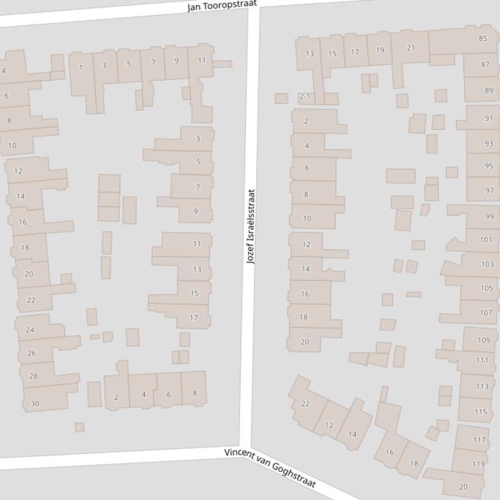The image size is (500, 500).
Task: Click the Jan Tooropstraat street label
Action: pos(222,6)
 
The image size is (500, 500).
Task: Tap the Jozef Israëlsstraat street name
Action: pos(250,226)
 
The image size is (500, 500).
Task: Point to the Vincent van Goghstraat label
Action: pos(270,468)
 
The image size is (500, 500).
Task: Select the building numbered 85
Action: pos(482,38)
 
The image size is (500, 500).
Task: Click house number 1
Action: pos(81,68)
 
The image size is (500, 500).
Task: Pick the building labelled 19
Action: pos(380,50)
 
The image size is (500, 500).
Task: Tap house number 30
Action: pos(35,403)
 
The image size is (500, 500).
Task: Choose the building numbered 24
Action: pos(30,330)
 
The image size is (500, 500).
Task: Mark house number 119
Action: pos(479,464)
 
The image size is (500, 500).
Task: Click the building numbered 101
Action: pos(486,240)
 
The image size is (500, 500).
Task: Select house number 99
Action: pos(489,216)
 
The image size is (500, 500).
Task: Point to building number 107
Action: pos(486,312)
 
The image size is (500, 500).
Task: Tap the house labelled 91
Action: pos(488,118)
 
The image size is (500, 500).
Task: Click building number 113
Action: pos(482,386)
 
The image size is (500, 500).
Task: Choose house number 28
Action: pos(33,376)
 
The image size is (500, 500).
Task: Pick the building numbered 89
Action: pos(488,91)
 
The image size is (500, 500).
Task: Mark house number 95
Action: pos(488,166)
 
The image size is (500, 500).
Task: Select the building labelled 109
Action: pos(483,340)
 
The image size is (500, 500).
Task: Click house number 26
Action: pos(31,353)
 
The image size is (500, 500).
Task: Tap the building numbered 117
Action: pos(479,440)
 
